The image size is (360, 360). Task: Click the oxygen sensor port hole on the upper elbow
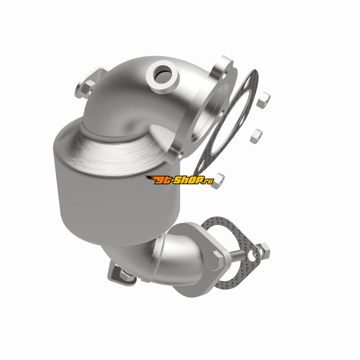(x=163, y=75)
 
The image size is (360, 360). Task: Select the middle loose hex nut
(x=256, y=136)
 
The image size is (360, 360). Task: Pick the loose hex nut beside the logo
(x=217, y=181)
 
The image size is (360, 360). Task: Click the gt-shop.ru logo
(x=179, y=180)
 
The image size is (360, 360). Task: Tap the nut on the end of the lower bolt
(x=264, y=251)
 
